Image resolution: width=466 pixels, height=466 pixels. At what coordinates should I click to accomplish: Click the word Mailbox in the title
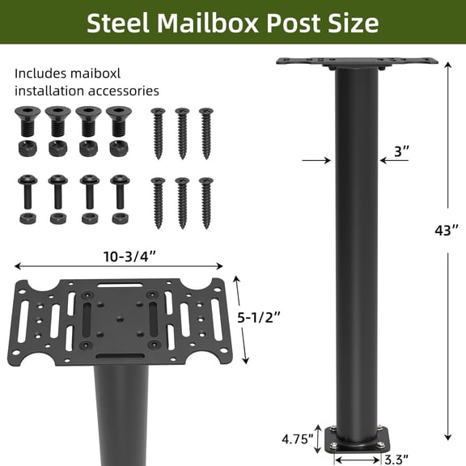pyautogui.click(x=204, y=23)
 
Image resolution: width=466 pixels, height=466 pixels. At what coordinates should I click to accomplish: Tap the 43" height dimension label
pyautogui.click(x=446, y=231)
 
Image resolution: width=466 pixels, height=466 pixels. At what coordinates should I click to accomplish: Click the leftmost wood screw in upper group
pyautogui.click(x=158, y=126)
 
